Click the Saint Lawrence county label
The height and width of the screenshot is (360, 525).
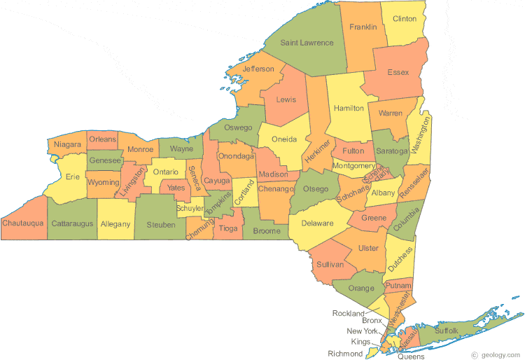[307, 43]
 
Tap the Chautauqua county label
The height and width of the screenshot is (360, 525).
[22, 223]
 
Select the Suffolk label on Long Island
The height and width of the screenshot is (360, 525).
[446, 329]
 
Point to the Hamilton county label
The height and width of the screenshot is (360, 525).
[349, 109]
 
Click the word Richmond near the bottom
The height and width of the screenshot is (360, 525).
[345, 354]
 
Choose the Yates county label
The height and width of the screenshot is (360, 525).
[175, 188]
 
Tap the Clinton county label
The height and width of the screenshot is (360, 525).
[405, 19]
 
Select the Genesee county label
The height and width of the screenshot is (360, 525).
[105, 160]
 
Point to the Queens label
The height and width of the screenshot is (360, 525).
[411, 356]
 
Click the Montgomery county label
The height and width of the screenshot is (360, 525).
[354, 166]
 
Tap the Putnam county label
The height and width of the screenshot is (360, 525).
[398, 286]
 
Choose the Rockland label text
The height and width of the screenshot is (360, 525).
[349, 313]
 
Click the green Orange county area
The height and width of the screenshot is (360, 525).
[360, 288]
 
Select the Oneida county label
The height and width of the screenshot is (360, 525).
[284, 139]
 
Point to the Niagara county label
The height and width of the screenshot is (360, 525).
[68, 145]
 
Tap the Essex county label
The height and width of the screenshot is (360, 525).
[398, 72]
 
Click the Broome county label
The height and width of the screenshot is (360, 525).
[267, 231]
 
